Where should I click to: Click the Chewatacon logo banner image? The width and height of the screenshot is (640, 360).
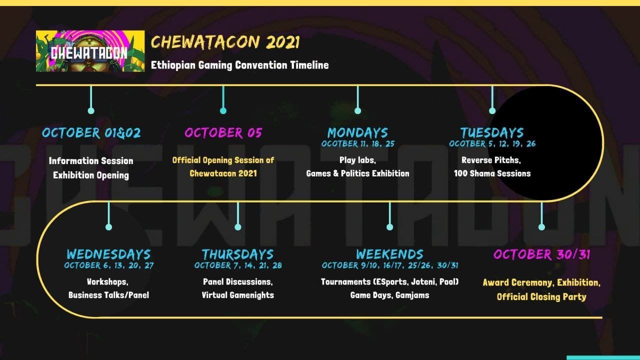tap(90, 51)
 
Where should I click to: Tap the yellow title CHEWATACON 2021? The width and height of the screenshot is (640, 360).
tap(225, 42)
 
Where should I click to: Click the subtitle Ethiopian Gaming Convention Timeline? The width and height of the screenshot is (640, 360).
tap(239, 65)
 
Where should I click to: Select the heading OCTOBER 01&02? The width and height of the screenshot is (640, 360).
tap(91, 133)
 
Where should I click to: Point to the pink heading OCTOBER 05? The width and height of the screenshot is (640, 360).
tap(223, 133)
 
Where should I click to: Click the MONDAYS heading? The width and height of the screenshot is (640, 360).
tap(357, 133)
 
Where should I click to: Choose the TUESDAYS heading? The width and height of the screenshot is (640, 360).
tap(492, 133)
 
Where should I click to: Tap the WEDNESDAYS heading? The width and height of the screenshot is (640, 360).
tap(108, 254)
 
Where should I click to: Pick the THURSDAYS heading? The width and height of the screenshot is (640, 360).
tap(237, 254)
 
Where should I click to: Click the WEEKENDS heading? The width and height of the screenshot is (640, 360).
tap(389, 254)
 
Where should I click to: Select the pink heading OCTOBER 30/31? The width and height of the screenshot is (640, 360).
tap(541, 254)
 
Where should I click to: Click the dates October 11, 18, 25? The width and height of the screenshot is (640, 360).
tap(357, 143)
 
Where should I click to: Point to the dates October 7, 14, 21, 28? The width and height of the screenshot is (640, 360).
tap(238, 265)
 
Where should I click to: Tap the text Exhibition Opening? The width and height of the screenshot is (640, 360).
tap(91, 175)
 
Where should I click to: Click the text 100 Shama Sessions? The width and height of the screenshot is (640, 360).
tap(492, 173)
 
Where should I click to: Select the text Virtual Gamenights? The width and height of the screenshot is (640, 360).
tap(237, 295)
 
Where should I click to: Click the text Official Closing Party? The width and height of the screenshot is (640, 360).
tap(541, 297)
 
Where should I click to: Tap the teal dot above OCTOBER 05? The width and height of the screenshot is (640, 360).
tap(223, 110)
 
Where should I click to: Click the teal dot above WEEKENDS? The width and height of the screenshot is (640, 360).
tap(389, 227)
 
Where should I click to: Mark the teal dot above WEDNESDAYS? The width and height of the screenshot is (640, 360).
tap(108, 227)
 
